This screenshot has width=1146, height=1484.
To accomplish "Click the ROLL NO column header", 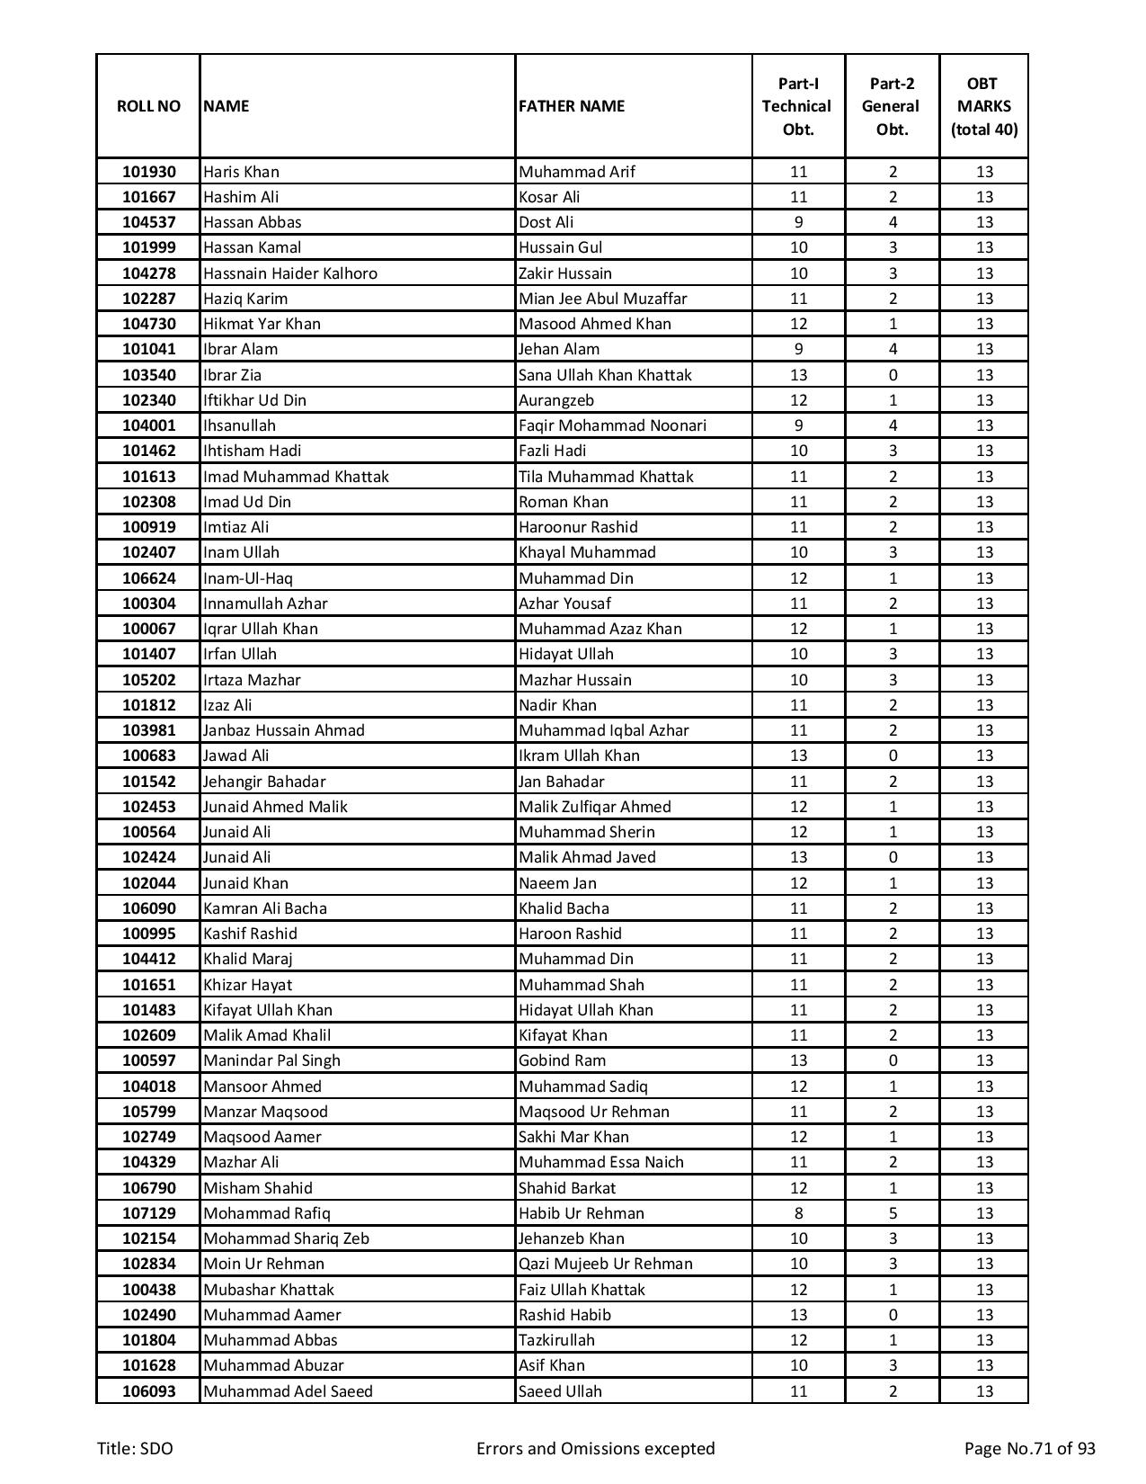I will tap(148, 106).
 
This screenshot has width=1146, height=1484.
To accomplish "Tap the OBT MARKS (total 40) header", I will tap(984, 106).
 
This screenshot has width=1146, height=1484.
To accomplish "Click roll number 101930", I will tap(149, 172).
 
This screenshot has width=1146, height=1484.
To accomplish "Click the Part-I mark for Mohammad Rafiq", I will tap(798, 1213).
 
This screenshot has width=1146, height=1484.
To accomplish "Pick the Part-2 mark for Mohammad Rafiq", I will tap(893, 1213).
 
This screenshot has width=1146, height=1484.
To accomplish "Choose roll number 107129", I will tap(149, 1213).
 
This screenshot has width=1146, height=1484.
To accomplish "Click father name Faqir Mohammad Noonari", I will tap(612, 425).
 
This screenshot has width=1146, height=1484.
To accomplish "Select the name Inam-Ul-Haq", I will tap(248, 578).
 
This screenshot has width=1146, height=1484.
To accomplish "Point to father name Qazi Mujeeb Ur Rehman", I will tap(606, 1264).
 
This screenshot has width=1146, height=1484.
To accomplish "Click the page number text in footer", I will tap(1029, 1449).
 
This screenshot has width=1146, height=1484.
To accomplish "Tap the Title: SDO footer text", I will tap(135, 1449).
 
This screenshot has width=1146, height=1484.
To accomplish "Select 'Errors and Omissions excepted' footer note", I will tap(595, 1449).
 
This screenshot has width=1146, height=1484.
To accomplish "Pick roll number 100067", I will tap(149, 629).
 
